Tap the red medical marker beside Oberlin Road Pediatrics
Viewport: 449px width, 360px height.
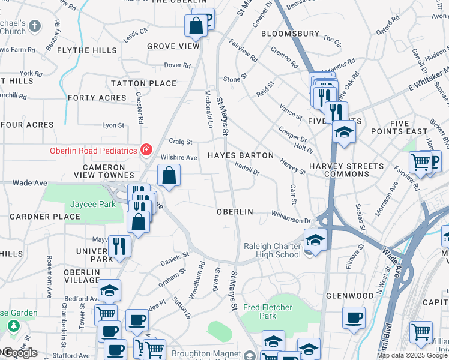[x=145, y=149]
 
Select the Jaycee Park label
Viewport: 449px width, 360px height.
[x=92, y=205]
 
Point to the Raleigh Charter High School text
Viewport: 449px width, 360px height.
[x=272, y=250]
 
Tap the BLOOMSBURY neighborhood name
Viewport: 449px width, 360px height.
[x=289, y=34]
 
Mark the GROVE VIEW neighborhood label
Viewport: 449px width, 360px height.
[x=173, y=46]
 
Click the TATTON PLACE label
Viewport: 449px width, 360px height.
[x=143, y=83]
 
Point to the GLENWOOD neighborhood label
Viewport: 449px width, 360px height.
[x=349, y=296]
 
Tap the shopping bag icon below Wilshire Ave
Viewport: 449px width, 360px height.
[x=169, y=176]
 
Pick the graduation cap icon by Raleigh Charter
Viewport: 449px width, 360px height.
[x=315, y=240]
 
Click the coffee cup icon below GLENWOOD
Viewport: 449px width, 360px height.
[x=354, y=317]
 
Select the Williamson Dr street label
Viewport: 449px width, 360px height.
[x=290, y=221]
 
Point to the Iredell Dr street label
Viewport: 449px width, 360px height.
[x=247, y=169]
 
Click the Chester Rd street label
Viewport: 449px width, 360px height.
[x=139, y=108]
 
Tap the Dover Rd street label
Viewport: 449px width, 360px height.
[x=177, y=65]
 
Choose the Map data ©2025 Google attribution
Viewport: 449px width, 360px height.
[x=412, y=355]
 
